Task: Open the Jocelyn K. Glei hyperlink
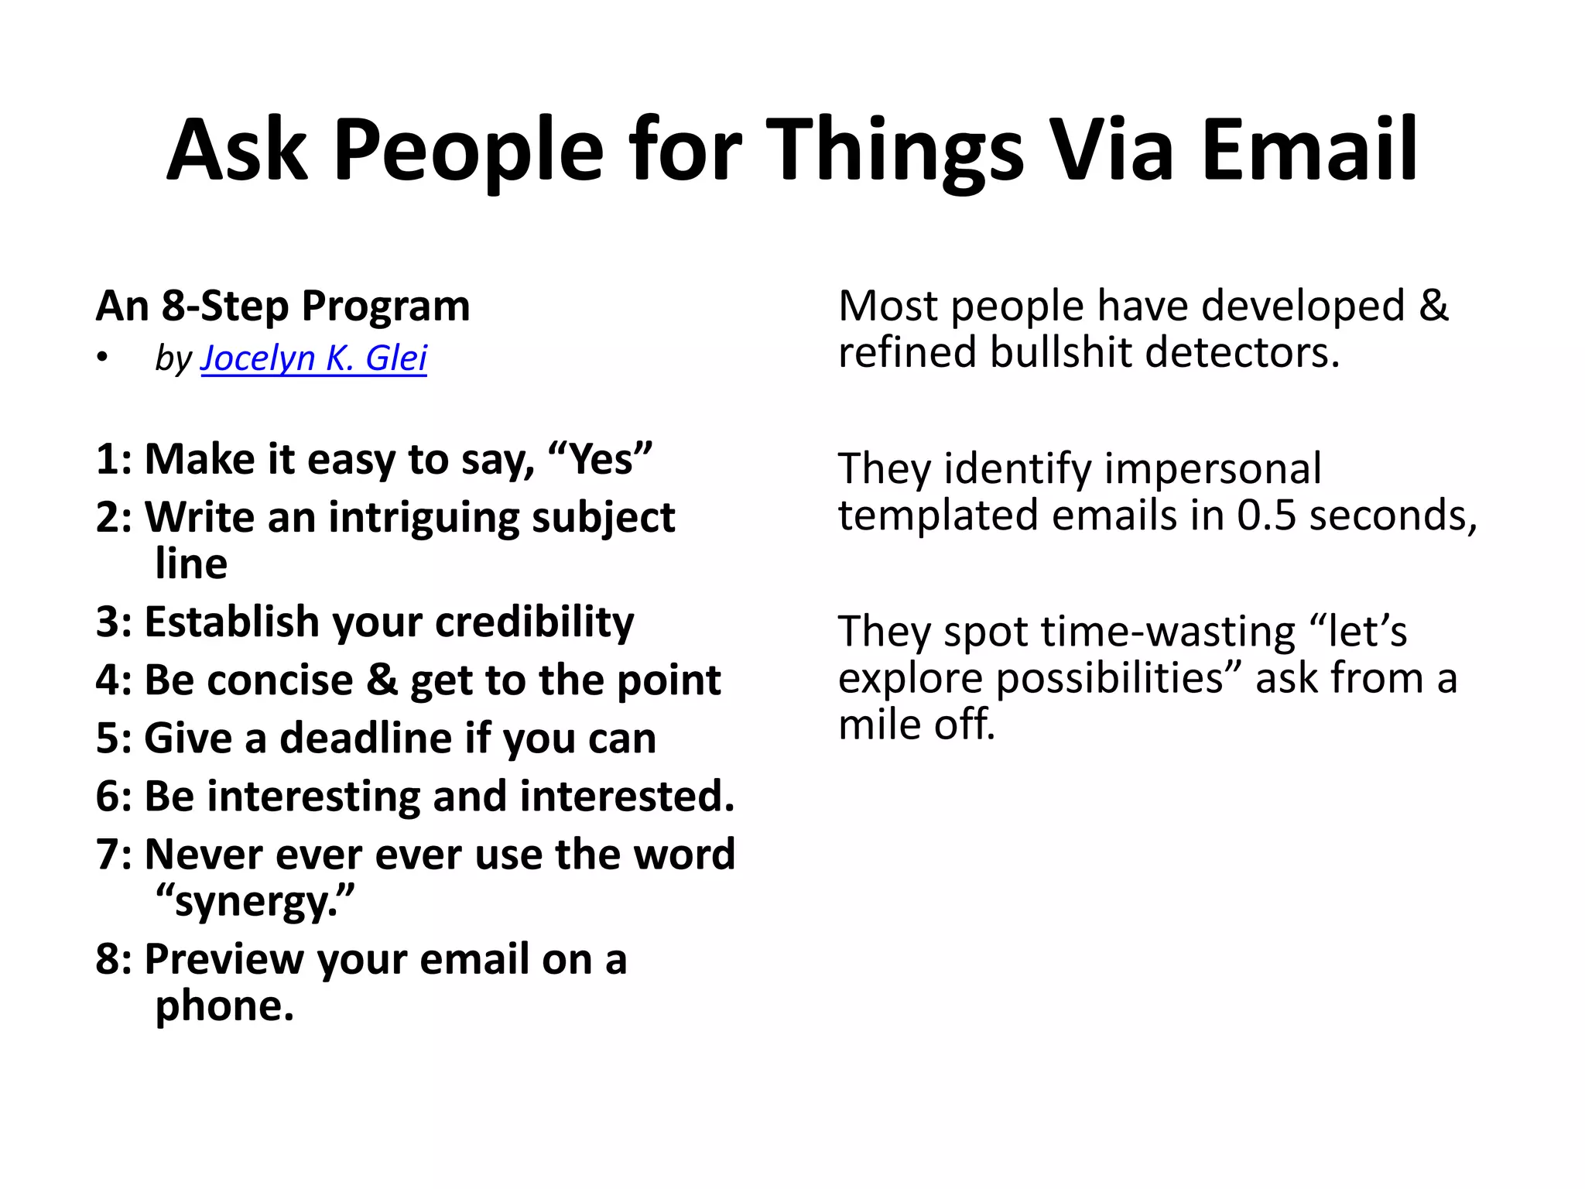coord(313,358)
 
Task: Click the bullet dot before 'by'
coord(102,358)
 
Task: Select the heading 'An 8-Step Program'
coord(282,306)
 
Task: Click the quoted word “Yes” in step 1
coord(600,459)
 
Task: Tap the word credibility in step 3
coord(534,622)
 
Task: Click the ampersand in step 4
coord(382,680)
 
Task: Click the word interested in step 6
coord(627,796)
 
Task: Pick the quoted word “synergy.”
coord(255,902)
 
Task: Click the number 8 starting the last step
coord(108,959)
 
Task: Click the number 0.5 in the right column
coord(1266,516)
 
